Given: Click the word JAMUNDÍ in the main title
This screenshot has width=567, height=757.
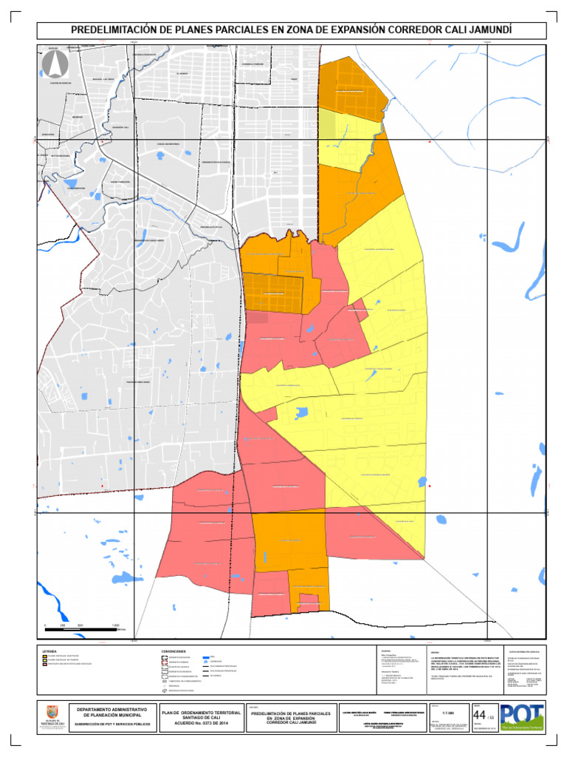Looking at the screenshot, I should pyautogui.click(x=487, y=30).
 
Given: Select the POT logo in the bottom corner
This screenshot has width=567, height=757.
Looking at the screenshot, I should pyautogui.click(x=522, y=716).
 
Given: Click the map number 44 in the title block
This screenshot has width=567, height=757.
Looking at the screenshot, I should pyautogui.click(x=479, y=715).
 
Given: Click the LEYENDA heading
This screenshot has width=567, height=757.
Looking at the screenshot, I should pyautogui.click(x=49, y=651).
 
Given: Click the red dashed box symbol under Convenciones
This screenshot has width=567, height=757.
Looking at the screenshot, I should pyautogui.click(x=165, y=661).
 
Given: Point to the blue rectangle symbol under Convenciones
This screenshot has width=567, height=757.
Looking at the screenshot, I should pyautogui.click(x=205, y=656).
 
